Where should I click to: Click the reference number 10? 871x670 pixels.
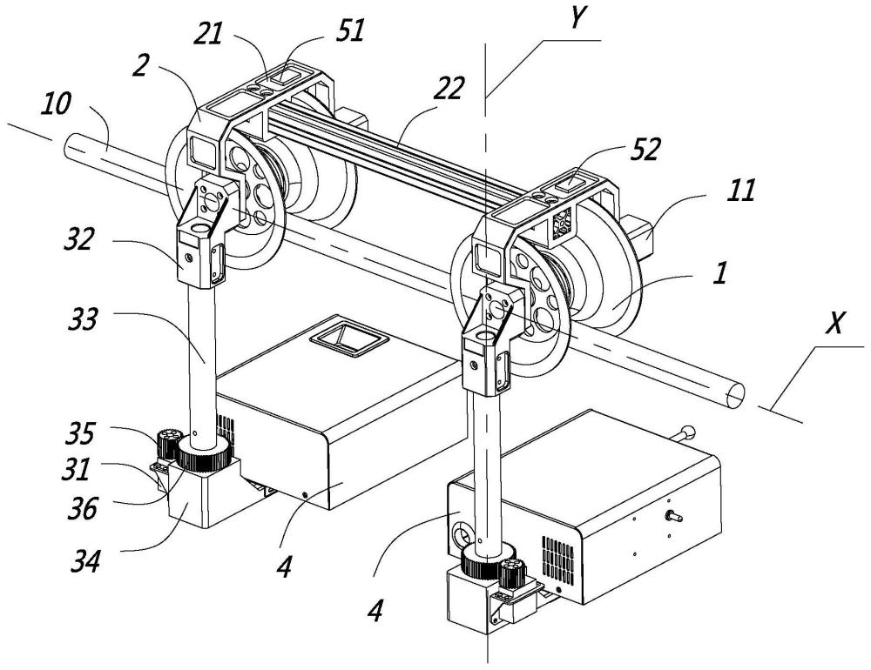56,104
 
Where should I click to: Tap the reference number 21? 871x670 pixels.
208,36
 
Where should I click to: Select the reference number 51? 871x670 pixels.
350,31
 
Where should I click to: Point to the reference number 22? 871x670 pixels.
447,88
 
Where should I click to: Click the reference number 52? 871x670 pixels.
645,149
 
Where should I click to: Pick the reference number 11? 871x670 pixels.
741,190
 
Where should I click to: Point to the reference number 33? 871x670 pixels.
82,319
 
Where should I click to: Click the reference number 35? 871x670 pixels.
80,433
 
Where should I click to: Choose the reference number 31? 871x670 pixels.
76,470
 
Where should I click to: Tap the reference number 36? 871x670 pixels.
82,507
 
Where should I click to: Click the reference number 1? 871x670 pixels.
719,273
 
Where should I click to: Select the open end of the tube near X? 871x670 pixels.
734,394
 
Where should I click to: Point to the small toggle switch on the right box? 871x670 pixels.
673,516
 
